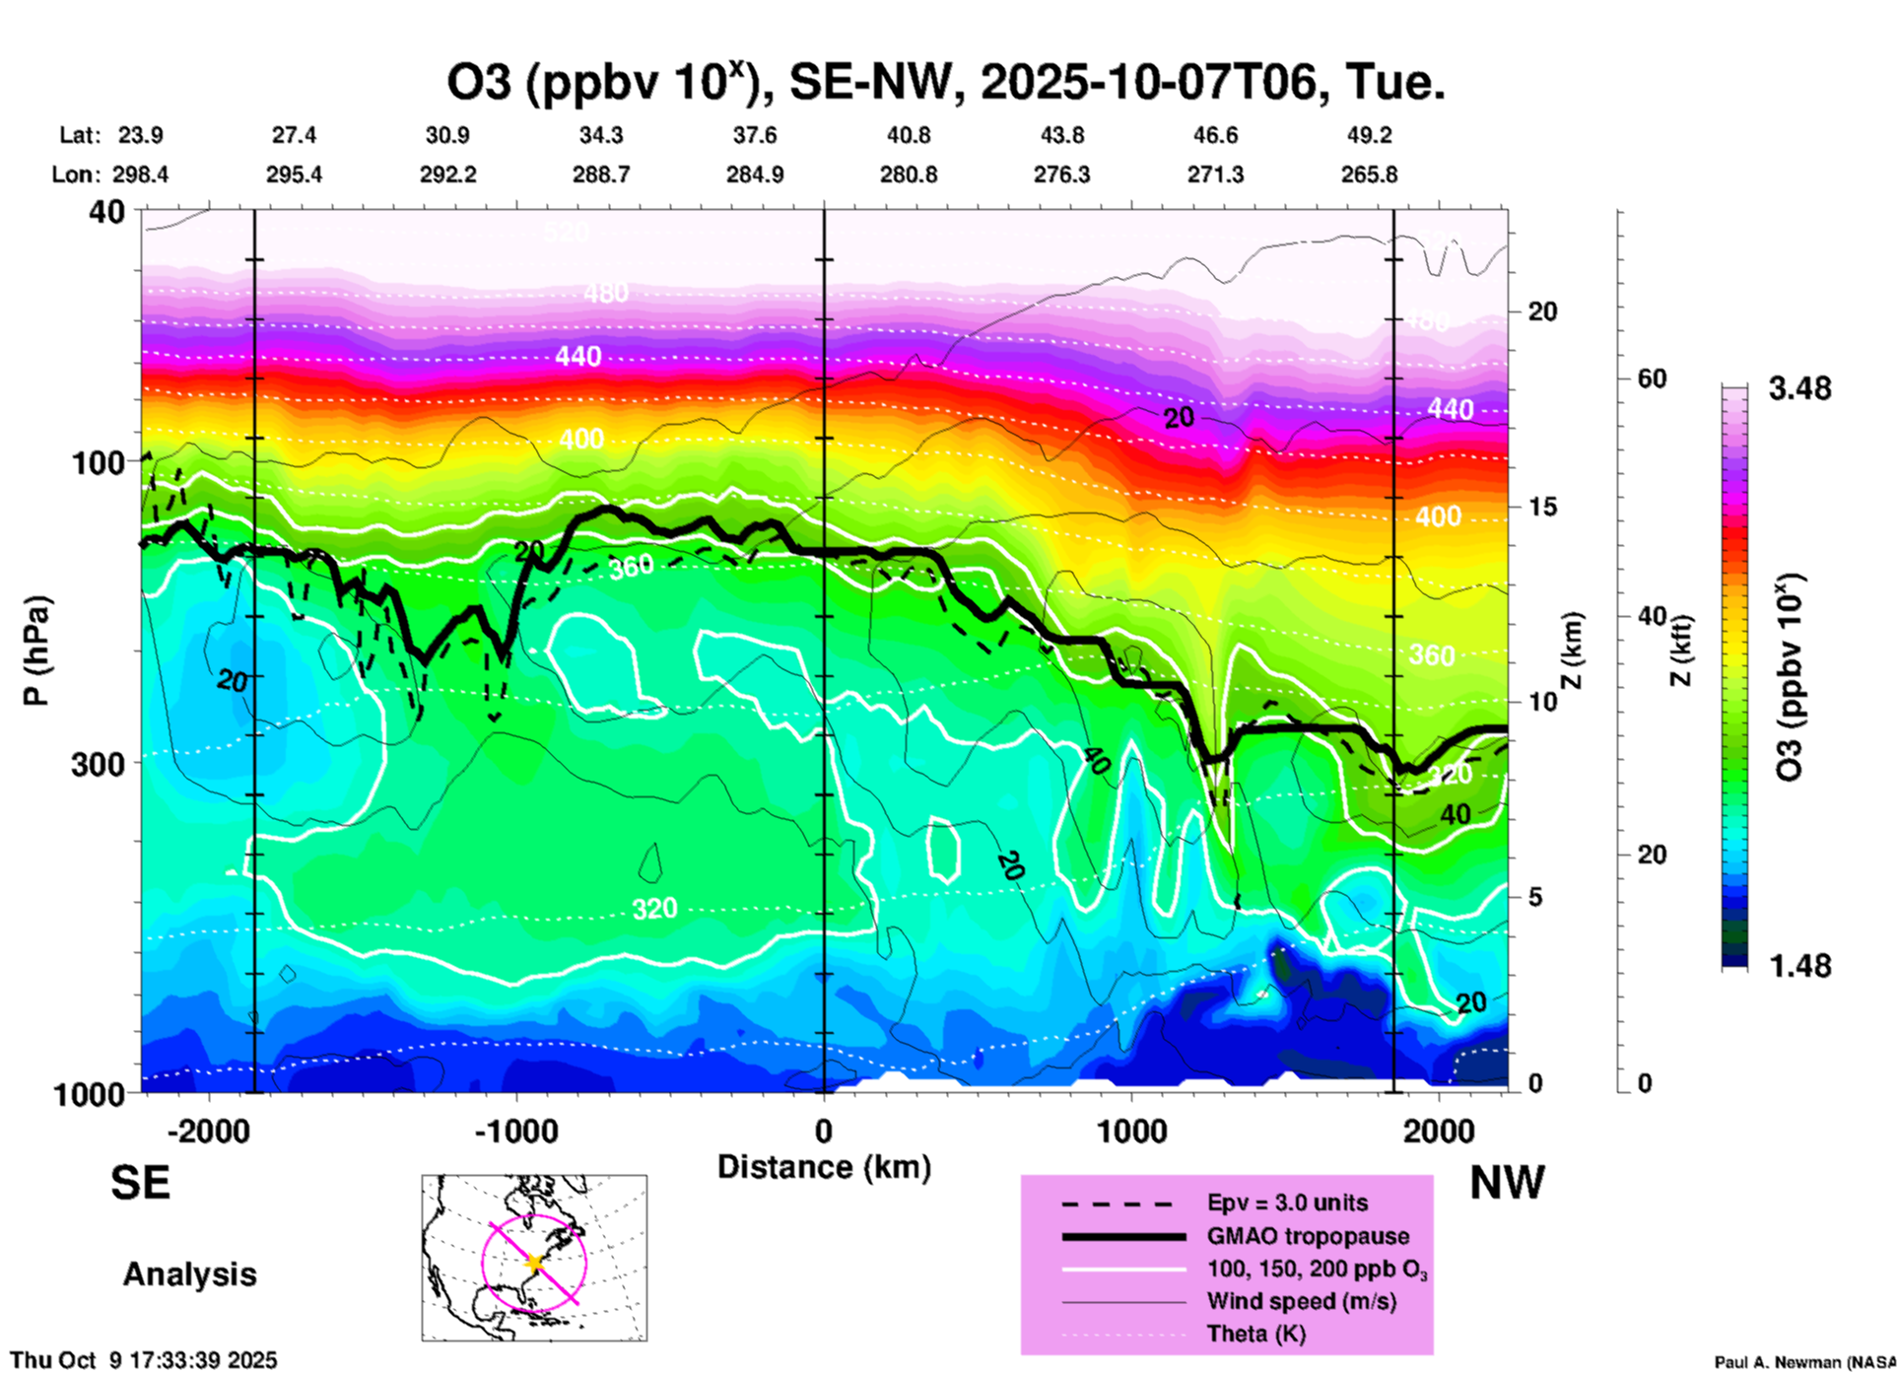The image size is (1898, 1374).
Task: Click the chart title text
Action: (x=946, y=83)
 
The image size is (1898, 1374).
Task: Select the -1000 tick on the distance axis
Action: (x=516, y=1131)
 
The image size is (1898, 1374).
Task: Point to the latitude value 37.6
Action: (x=755, y=135)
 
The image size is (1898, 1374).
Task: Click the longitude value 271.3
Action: (x=1215, y=174)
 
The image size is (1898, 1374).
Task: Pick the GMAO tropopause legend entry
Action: (x=1308, y=1236)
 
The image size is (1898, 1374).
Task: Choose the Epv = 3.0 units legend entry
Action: (x=1287, y=1202)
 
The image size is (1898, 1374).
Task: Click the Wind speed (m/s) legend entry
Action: (x=1301, y=1301)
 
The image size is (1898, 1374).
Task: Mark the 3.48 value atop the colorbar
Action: (x=1799, y=388)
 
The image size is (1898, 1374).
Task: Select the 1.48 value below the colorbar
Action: (x=1799, y=965)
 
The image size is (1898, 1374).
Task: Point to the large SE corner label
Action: (x=140, y=1182)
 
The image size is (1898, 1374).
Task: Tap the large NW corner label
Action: (x=1507, y=1182)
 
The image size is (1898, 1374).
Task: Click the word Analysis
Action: (x=189, y=1274)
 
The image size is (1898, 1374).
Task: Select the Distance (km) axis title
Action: (x=824, y=1167)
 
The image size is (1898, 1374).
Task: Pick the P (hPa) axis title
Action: (x=36, y=651)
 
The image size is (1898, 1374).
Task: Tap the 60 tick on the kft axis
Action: (x=1652, y=378)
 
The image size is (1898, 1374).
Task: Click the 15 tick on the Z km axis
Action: (x=1542, y=507)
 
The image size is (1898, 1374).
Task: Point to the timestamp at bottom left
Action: (x=144, y=1360)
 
